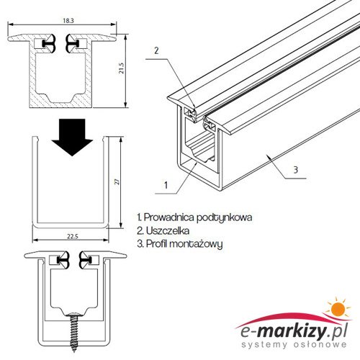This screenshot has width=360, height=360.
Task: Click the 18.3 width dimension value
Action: point(68,21)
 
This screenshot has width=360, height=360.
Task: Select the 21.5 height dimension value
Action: point(121,68)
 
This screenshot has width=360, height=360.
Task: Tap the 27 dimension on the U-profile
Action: point(117,182)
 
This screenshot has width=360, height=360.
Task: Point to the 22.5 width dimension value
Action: point(73,236)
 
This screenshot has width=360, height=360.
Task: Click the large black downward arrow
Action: point(72,137)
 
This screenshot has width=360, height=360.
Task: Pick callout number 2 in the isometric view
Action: point(156,50)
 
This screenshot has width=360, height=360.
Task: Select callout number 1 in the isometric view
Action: point(166,185)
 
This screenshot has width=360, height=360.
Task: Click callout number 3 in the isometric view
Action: point(296,170)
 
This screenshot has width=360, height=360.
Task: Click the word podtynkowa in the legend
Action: point(225,218)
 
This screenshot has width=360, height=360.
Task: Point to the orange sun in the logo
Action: point(338,309)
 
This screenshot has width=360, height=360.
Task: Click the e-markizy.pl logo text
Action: point(294,333)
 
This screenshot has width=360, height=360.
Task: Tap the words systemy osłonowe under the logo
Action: point(294,345)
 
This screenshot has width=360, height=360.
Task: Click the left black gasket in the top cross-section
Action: point(50,43)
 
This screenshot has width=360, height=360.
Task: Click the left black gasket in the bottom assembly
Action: point(63,260)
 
